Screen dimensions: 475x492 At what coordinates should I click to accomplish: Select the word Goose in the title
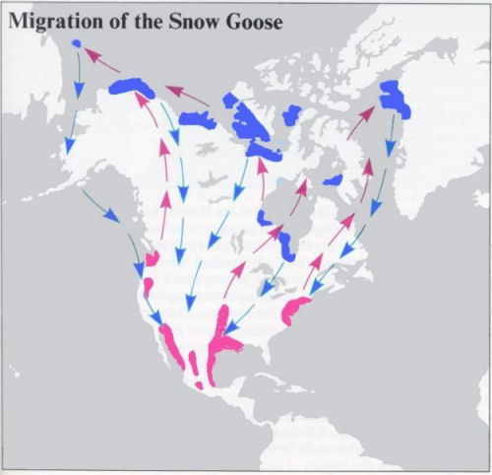247,21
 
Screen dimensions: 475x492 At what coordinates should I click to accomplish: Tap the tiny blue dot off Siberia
78,42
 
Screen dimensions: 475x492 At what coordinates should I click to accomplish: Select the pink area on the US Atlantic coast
296,310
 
